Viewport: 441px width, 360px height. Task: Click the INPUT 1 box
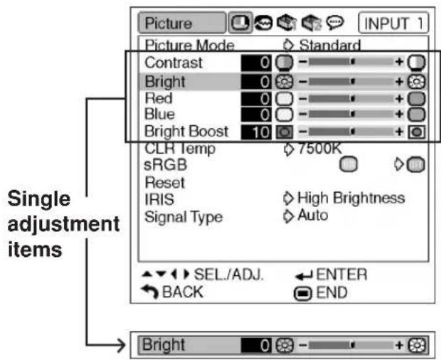[x=393, y=23]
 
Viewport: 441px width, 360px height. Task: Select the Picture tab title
[x=168, y=23]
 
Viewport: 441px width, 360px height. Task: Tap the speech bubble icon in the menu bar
[x=335, y=23]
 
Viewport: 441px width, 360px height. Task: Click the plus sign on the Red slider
[x=399, y=99]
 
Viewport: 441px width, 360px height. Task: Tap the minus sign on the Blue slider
[x=302, y=114]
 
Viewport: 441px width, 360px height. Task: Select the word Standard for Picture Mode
[x=329, y=45]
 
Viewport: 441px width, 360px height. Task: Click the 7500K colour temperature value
[x=320, y=149]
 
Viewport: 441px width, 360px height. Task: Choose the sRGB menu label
[x=165, y=165]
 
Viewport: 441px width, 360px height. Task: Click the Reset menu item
[x=165, y=183]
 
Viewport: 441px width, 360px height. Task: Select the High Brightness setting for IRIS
[x=351, y=198]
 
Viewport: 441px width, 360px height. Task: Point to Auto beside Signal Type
[x=313, y=216]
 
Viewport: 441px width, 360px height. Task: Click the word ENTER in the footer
[x=341, y=275]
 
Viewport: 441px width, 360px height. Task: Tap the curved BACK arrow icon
[x=151, y=292]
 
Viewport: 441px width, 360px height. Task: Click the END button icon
[x=302, y=294]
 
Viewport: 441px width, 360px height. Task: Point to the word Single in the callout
[x=39, y=199]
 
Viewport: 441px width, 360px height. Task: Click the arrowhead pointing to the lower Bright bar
[x=122, y=345]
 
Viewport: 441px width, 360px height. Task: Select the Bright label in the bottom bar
[x=164, y=345]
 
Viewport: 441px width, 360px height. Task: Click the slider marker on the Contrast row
[x=353, y=62]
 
